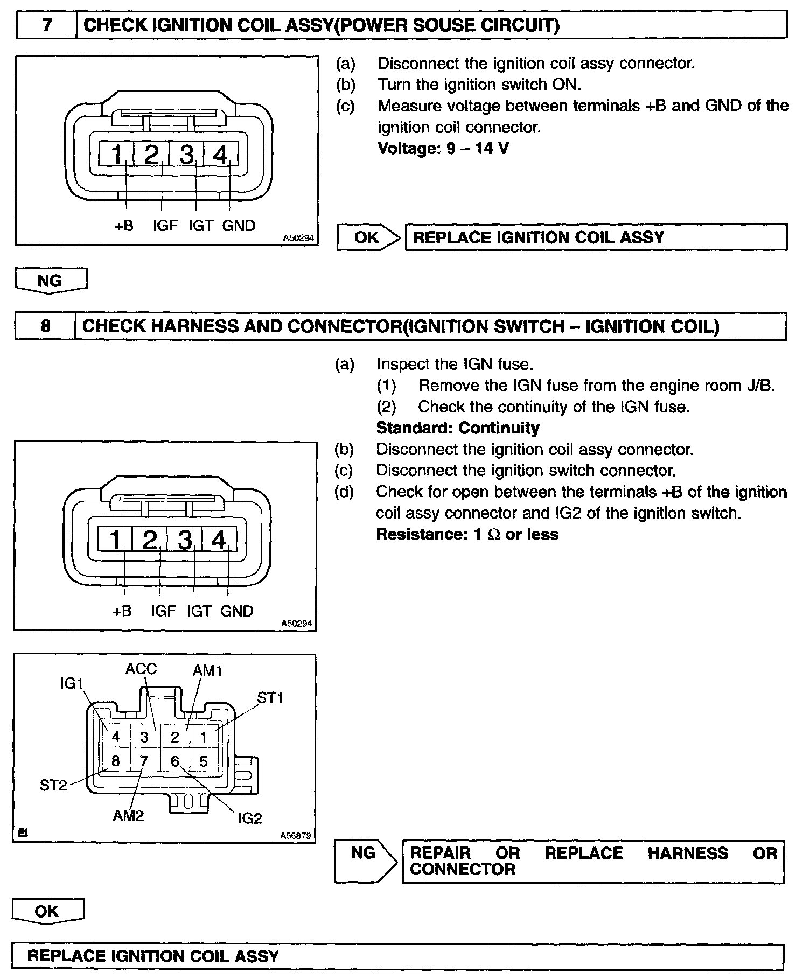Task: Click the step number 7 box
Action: [x=47, y=25]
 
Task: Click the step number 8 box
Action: [x=46, y=326]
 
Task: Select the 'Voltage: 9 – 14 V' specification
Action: [x=443, y=148]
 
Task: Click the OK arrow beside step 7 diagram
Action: [x=369, y=237]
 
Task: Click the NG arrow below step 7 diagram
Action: [x=50, y=281]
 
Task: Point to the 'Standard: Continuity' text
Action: [x=457, y=428]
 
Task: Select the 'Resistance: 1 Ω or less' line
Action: [x=467, y=535]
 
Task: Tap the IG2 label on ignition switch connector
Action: [x=250, y=818]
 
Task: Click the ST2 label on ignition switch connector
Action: [x=53, y=785]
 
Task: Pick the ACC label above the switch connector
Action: [x=141, y=669]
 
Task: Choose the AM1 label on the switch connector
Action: [x=207, y=670]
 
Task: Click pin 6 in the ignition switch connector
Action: [x=174, y=761]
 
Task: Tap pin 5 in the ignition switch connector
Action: [x=203, y=761]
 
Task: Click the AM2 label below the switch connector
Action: [x=128, y=816]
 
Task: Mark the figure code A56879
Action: [x=296, y=836]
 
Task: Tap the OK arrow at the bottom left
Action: [x=47, y=911]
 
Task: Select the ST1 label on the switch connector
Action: [x=270, y=698]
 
